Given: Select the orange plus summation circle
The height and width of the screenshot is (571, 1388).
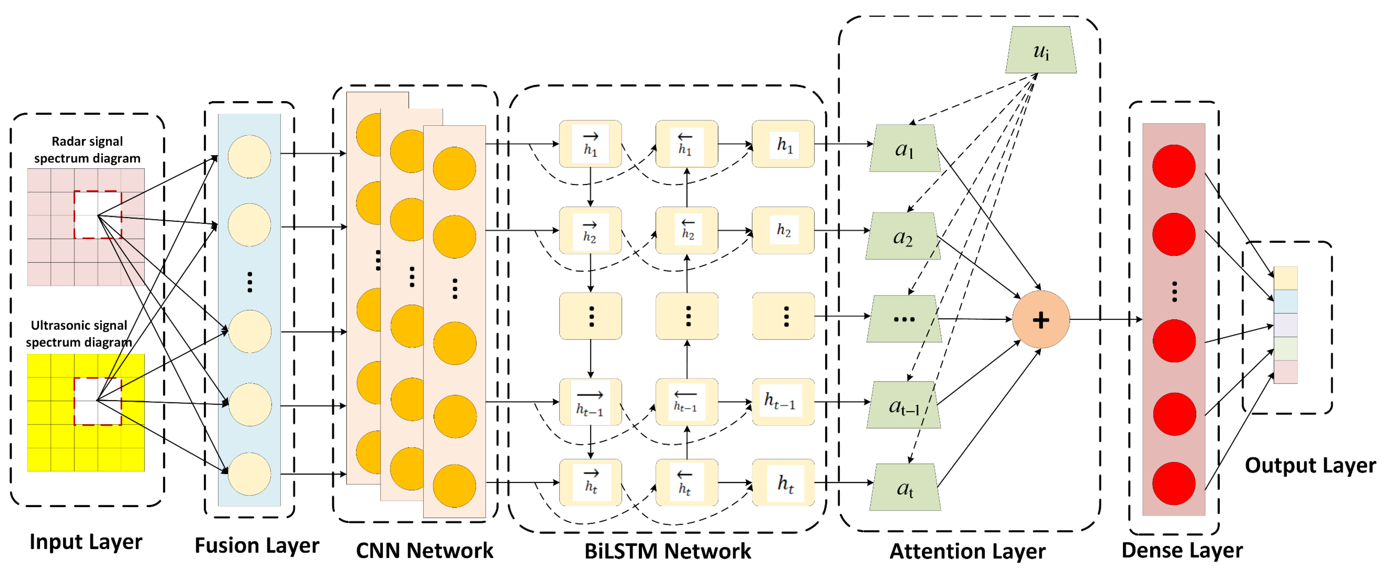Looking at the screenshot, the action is (x=1041, y=319).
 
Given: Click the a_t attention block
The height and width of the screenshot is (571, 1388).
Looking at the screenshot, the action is (x=905, y=487).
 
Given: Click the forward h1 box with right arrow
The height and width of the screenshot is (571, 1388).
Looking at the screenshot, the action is (x=591, y=144).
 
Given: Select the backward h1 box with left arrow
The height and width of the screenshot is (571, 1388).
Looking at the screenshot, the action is (x=686, y=144).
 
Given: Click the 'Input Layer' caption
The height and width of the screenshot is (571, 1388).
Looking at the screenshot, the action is (x=86, y=541).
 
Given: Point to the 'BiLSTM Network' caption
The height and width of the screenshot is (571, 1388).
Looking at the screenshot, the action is (x=668, y=551).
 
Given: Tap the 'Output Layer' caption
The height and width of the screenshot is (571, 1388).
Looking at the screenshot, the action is (x=1310, y=465).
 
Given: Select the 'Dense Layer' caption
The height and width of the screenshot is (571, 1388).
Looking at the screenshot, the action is (x=1182, y=550).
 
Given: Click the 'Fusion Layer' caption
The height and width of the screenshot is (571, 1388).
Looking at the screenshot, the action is (x=257, y=545).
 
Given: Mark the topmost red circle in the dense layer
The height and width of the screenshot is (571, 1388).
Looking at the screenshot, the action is (x=1173, y=166).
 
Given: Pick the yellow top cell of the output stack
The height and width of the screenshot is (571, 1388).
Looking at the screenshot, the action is (x=1285, y=278).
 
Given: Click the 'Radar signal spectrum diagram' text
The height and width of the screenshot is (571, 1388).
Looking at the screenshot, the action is (x=87, y=150).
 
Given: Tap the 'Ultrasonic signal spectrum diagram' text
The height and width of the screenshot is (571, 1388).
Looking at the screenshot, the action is (x=79, y=333).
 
